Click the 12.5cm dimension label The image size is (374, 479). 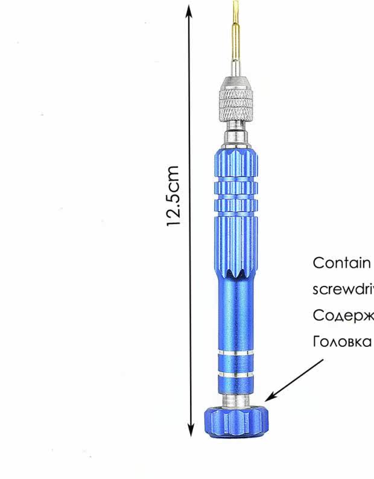174,195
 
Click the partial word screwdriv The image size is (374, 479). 343,289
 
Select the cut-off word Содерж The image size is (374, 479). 343,316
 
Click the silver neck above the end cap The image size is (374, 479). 235,399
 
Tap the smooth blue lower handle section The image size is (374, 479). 235,314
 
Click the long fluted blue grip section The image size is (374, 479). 235,241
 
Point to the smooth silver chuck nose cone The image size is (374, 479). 235,83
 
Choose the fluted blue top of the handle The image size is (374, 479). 235,163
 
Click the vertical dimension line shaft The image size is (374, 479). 190,302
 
